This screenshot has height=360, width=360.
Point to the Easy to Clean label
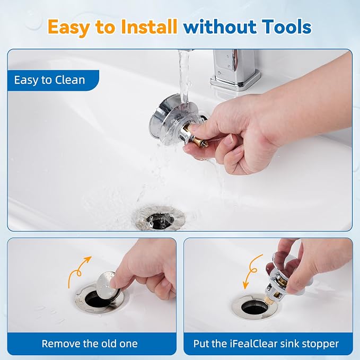point(50,80)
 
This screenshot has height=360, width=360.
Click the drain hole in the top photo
point(160,221)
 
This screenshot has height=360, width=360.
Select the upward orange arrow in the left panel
point(79,271)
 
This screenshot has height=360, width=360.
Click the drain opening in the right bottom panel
point(254,307)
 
